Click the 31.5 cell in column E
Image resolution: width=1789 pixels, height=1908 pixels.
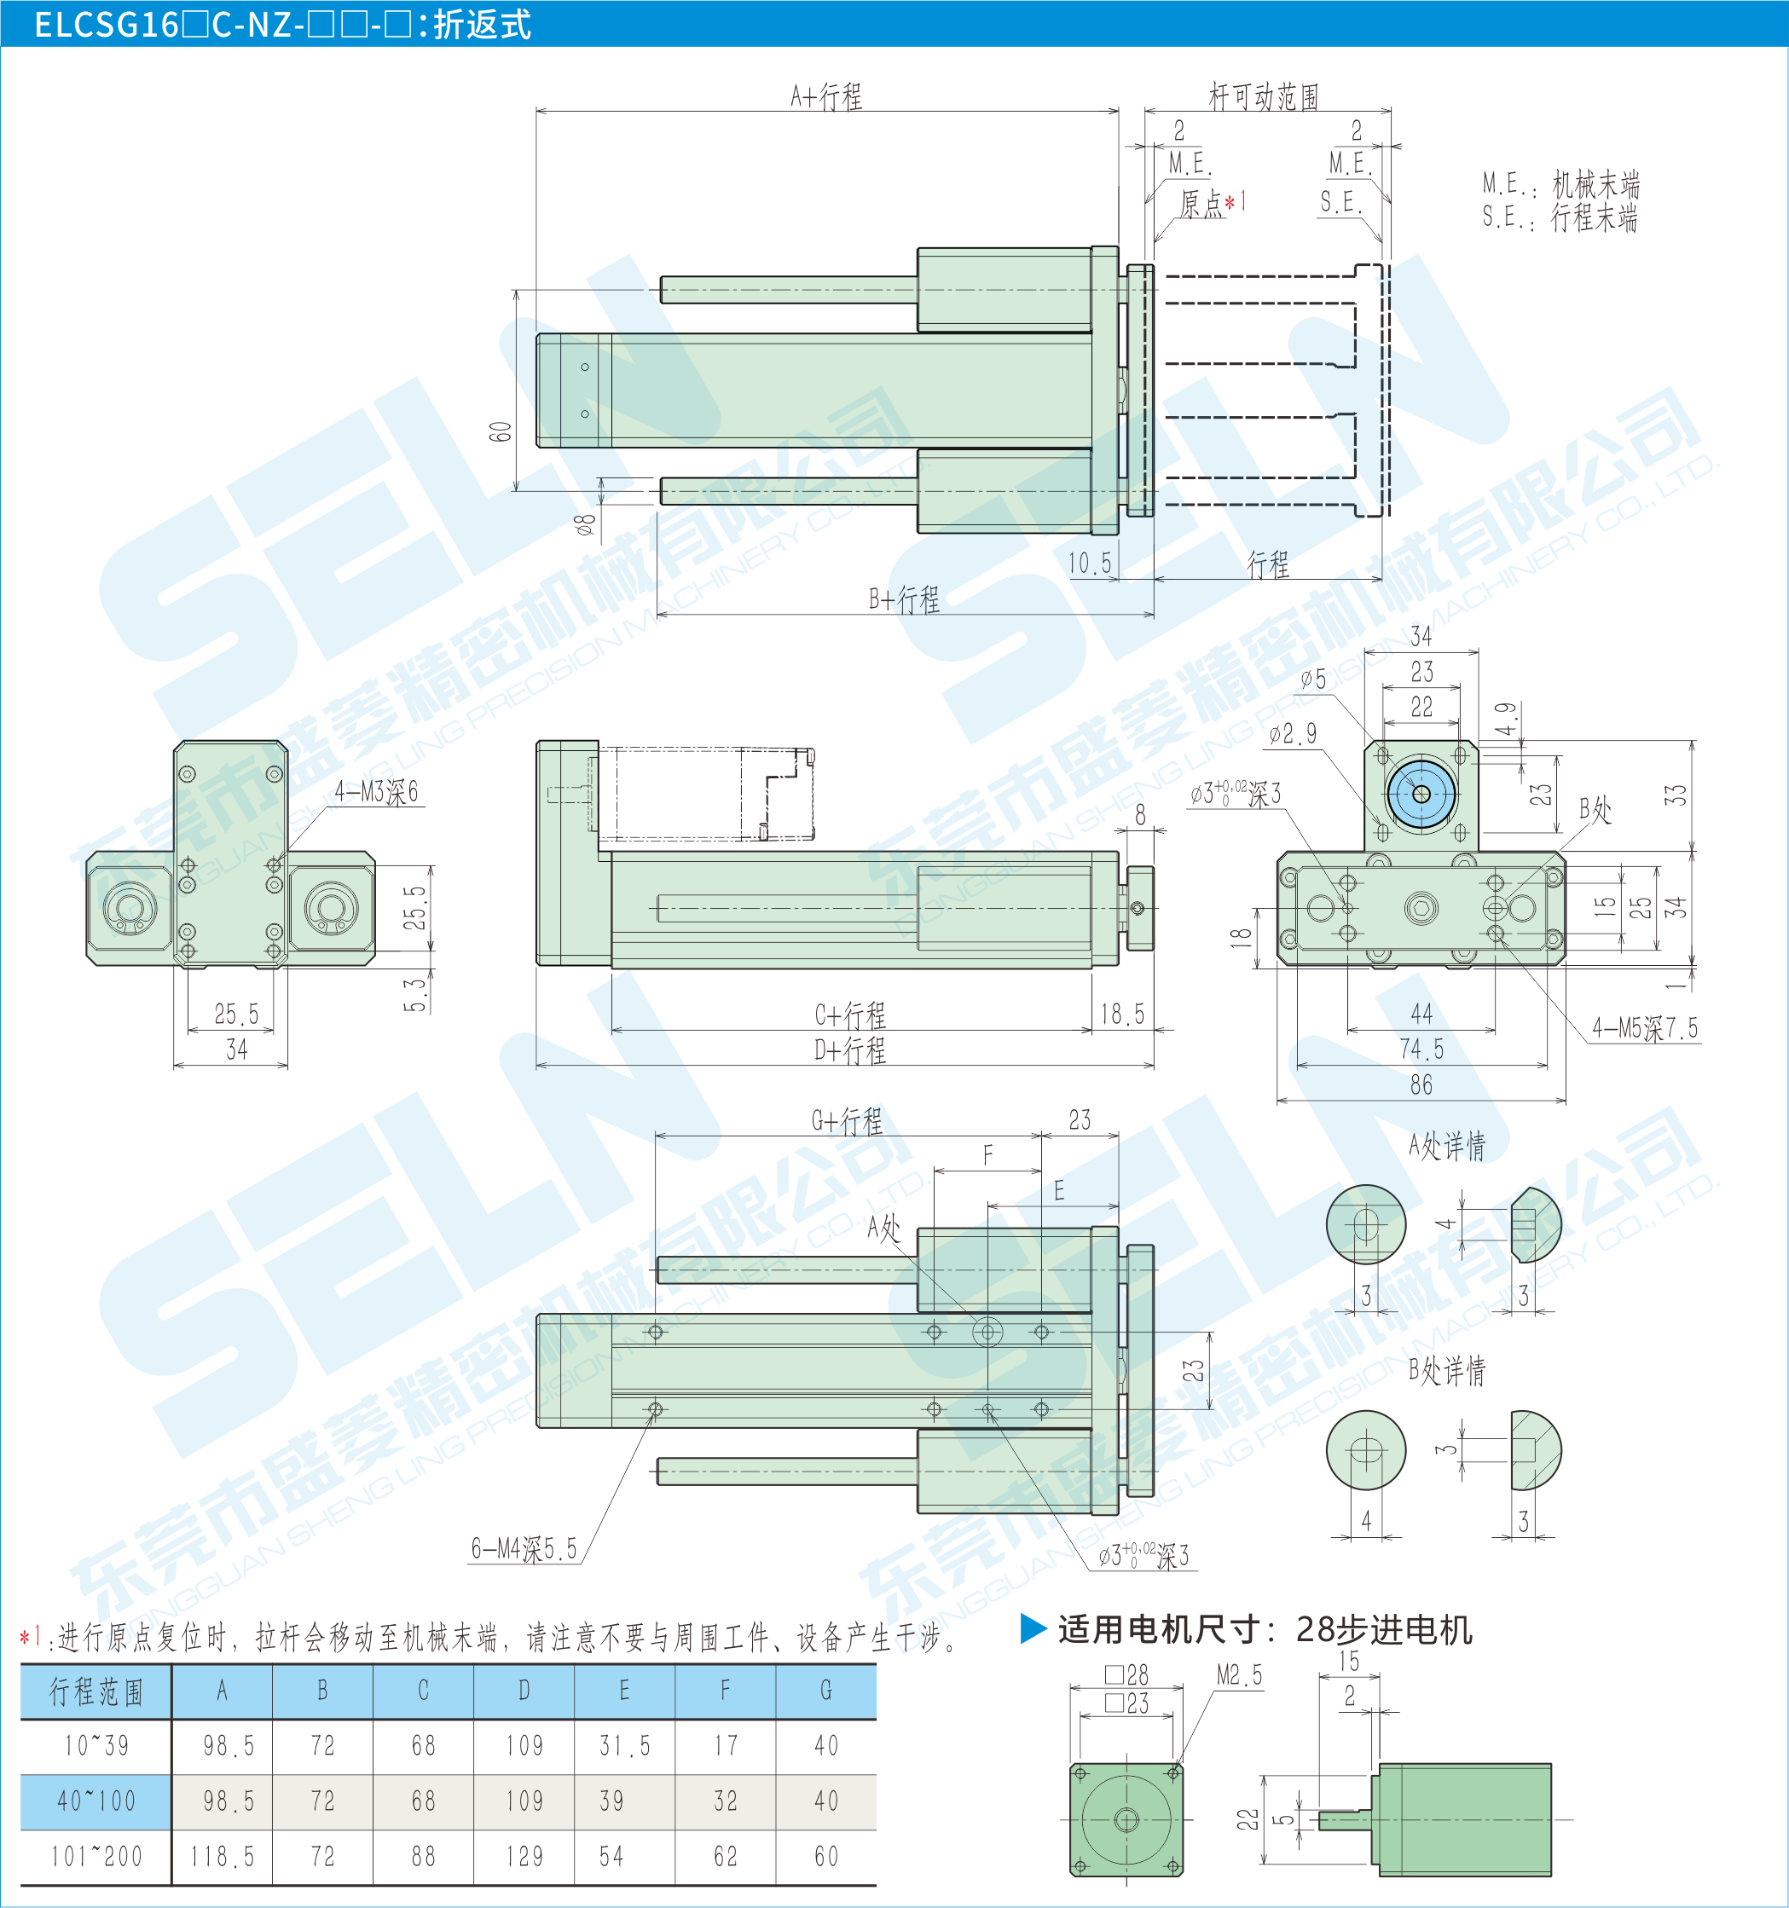[x=624, y=1746]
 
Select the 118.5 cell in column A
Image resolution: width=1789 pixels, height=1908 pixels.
[x=222, y=1857]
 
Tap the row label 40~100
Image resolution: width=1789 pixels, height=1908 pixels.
[x=96, y=1801]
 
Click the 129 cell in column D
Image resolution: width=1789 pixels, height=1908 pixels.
[x=524, y=1857]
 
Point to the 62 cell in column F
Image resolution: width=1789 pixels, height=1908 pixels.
[x=726, y=1857]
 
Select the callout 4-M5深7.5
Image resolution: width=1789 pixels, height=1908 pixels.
[x=1645, y=1029]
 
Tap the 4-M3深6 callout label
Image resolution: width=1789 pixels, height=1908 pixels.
[x=376, y=792]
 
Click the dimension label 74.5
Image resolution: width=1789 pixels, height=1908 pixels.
[x=1421, y=1049]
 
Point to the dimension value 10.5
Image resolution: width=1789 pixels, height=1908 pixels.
[x=1091, y=564]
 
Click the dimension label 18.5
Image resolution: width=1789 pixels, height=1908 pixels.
[x=1122, y=1015]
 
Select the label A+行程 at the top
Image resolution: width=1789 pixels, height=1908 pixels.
[x=826, y=97]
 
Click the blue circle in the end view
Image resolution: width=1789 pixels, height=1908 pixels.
[x=1421, y=794]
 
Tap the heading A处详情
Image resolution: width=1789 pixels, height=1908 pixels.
[x=1447, y=1145]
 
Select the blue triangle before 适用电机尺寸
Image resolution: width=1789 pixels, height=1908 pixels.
[x=1033, y=1628]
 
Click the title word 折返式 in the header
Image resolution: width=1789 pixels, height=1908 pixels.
[x=482, y=24]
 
